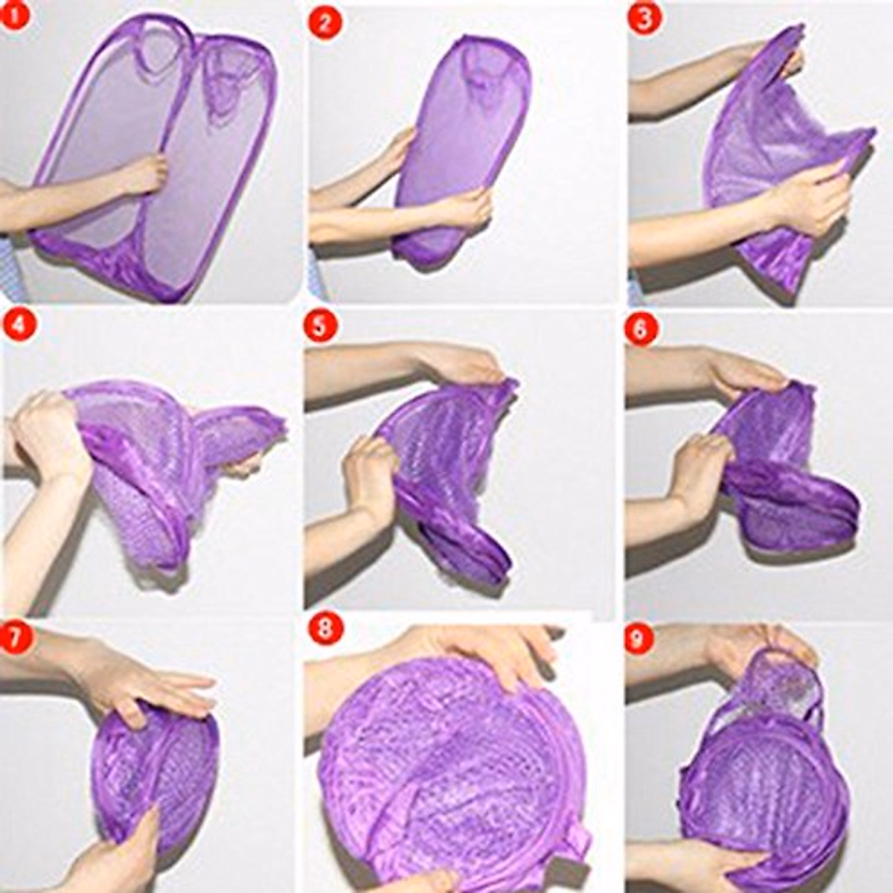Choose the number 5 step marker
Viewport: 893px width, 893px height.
320,327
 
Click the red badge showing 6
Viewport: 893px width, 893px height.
641,328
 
